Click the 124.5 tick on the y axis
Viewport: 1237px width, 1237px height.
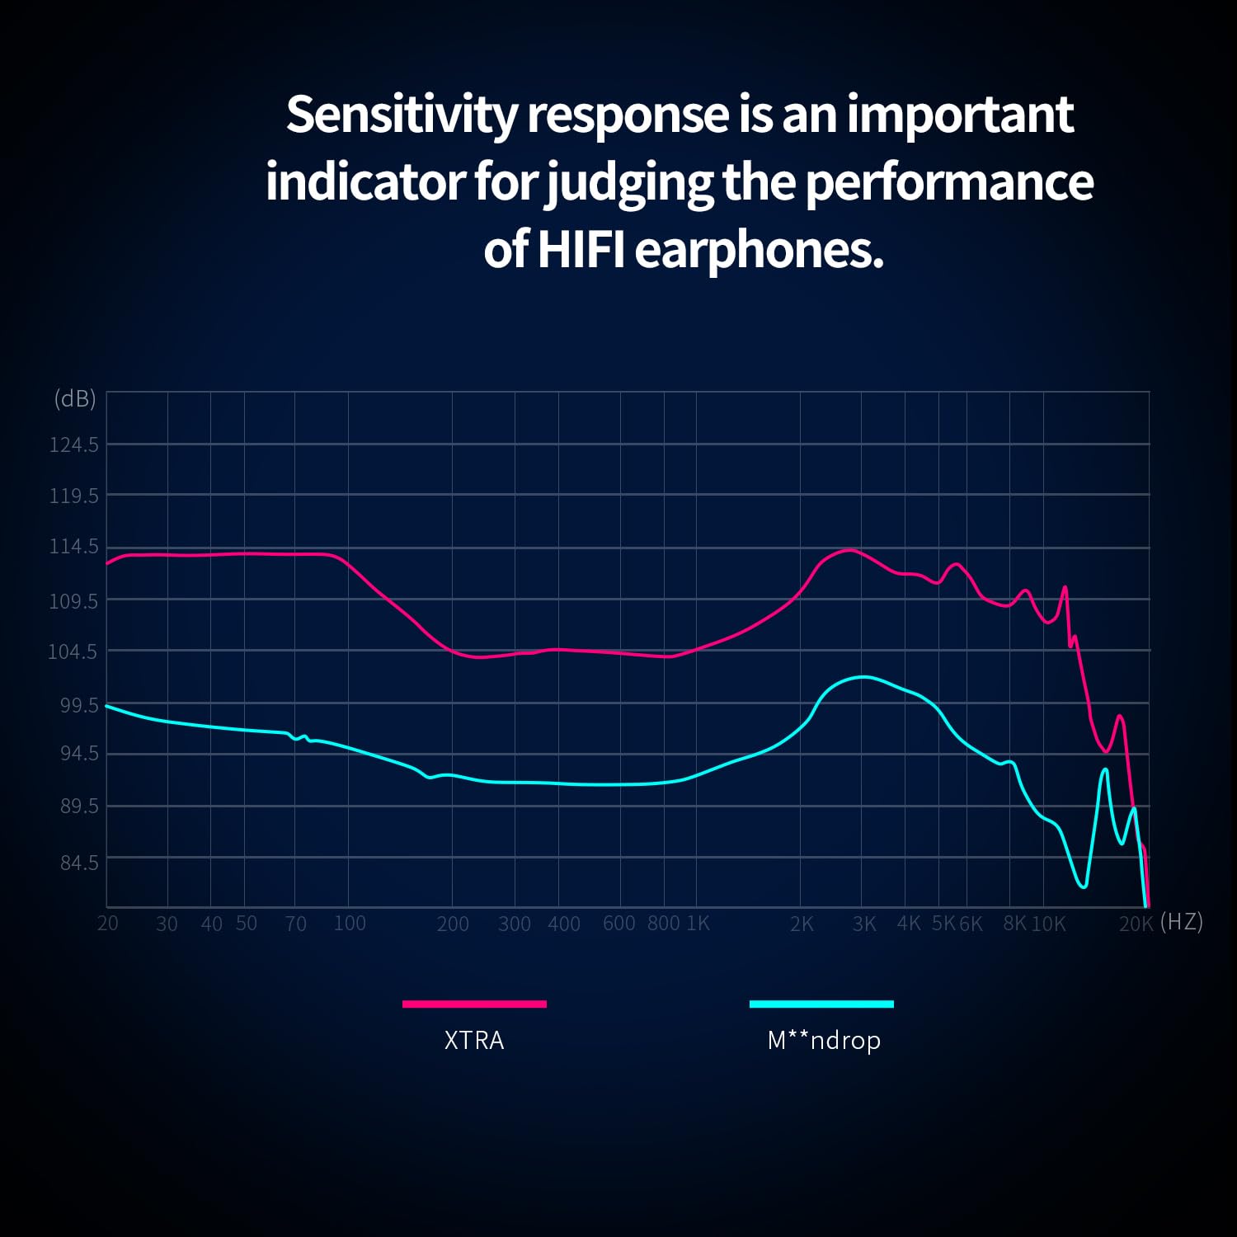click(73, 444)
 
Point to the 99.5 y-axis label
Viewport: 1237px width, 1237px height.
click(73, 705)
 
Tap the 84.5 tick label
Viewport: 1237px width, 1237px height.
click(79, 862)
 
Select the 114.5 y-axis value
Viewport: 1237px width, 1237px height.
click(73, 546)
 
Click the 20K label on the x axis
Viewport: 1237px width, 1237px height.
click(1136, 924)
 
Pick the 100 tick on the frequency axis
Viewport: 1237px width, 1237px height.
click(350, 923)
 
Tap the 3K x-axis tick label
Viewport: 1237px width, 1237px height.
click(864, 924)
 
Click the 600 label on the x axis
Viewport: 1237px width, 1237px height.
click(618, 923)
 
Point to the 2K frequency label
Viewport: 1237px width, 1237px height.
click(802, 924)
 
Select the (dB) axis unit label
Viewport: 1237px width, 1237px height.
click(75, 399)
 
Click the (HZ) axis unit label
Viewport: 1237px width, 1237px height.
click(1181, 921)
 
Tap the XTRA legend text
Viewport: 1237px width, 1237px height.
click(474, 1040)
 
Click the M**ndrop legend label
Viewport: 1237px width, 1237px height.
click(824, 1040)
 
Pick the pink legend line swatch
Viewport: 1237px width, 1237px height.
click(474, 1004)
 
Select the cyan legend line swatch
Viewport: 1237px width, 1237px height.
click(821, 1004)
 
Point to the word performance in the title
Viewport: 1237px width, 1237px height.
click(949, 182)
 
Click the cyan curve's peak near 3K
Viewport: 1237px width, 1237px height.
click(863, 677)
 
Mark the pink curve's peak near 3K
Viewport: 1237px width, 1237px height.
click(850, 549)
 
